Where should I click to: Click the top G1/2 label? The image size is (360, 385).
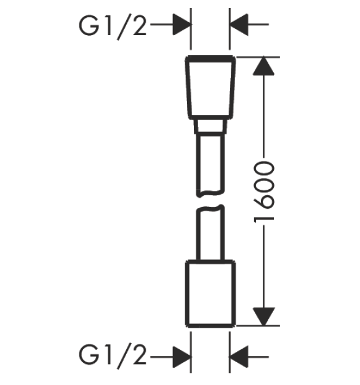coord(113,26)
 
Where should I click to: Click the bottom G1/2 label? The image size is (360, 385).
coord(113,355)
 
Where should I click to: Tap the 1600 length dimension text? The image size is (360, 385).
coord(264,192)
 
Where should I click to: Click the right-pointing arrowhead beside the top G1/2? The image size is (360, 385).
coord(182,24)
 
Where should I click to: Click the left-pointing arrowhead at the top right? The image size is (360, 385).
coord(239,24)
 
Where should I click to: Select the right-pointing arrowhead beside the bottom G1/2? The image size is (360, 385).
coord(182,357)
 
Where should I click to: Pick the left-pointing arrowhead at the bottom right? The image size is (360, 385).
coord(239,357)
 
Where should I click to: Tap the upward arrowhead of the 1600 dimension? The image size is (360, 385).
coord(263,66)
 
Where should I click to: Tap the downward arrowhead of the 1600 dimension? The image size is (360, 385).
coord(263,317)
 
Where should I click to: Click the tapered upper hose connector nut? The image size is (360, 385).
coord(210,87)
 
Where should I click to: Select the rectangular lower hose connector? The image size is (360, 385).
coord(210,294)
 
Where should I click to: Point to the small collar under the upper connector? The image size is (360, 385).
coord(210,127)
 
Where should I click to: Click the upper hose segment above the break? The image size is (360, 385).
coord(210,165)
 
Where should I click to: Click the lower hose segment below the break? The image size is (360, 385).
coord(210,233)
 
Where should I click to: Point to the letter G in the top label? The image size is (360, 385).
coord(89,26)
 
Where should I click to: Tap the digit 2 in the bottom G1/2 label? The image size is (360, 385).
coord(139,355)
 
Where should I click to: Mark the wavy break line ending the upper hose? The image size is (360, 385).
coord(210,193)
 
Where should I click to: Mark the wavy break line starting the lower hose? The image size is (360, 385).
coord(210,209)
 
